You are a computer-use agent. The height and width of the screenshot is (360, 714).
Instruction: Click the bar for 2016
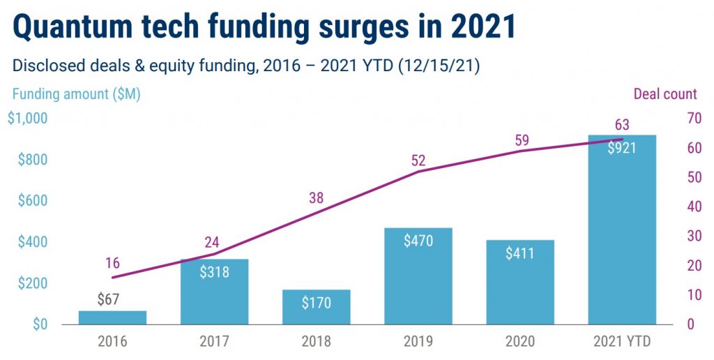[x=112, y=318]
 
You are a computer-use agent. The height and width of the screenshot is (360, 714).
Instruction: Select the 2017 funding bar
[x=214, y=293]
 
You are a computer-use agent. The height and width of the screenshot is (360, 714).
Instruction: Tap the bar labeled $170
[x=317, y=308]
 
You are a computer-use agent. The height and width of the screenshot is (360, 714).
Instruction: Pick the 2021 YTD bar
[x=622, y=230]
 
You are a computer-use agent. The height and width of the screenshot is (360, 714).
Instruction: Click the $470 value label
[x=418, y=241]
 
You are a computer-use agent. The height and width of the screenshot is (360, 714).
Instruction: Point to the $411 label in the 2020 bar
[x=520, y=253]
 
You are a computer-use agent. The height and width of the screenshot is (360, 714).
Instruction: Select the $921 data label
[x=622, y=148]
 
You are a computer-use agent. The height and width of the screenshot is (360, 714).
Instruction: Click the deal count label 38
[x=317, y=198]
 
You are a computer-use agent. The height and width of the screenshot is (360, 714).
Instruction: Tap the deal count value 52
[x=418, y=160]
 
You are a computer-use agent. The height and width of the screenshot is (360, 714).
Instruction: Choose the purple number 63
[x=622, y=126]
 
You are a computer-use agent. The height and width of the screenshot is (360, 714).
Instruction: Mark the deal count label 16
[x=113, y=263]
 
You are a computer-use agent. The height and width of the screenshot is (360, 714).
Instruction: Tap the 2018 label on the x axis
[x=317, y=342]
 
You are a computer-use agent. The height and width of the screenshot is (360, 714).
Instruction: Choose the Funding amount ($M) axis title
[x=76, y=94]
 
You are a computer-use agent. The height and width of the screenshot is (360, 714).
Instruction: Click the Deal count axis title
[x=664, y=94]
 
